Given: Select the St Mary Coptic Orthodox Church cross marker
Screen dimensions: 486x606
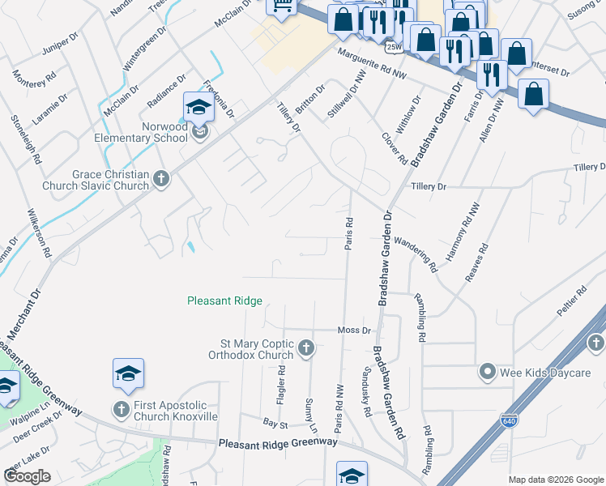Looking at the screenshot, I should coord(306,348).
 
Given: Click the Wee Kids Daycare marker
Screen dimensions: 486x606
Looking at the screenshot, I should coord(487,372).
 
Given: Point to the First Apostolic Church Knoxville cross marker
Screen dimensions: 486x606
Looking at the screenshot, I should coord(122,410).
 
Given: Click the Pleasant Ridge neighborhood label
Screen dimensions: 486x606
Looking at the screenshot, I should coord(224,301).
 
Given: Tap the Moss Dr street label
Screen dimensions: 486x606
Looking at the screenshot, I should coord(354,330).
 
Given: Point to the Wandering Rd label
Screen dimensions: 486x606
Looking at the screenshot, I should coord(416,254).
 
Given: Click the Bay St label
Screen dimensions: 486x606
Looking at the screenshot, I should coord(275,423).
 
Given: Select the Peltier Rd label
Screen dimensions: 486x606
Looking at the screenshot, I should coord(571,301).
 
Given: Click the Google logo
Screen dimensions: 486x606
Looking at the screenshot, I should coord(28,476).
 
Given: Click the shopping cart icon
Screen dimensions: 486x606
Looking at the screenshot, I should coord(282,6).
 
